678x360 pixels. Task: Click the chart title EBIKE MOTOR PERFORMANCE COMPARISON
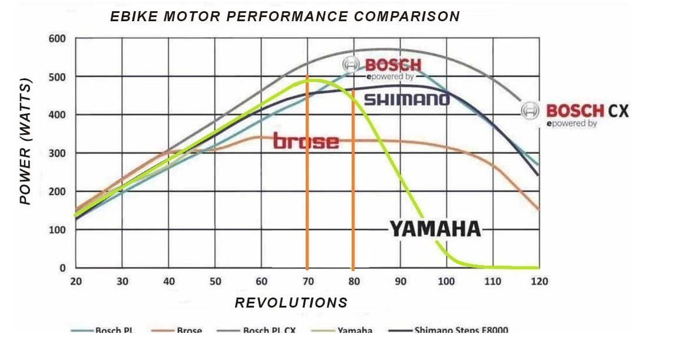point(285,16)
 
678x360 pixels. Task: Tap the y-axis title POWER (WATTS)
point(25,141)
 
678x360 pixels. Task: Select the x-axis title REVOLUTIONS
point(291,303)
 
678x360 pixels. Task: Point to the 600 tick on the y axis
point(57,39)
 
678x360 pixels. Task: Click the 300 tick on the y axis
point(57,153)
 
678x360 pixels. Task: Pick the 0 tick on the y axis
point(62,268)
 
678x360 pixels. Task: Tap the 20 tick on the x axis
point(76,282)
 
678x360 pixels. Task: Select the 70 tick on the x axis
point(307,282)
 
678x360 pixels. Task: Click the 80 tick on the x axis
point(353,282)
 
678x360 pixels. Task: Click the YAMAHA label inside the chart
point(435,229)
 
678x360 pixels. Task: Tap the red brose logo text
point(306,141)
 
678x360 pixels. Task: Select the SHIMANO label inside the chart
point(406,99)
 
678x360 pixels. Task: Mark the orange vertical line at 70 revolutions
point(307,177)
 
